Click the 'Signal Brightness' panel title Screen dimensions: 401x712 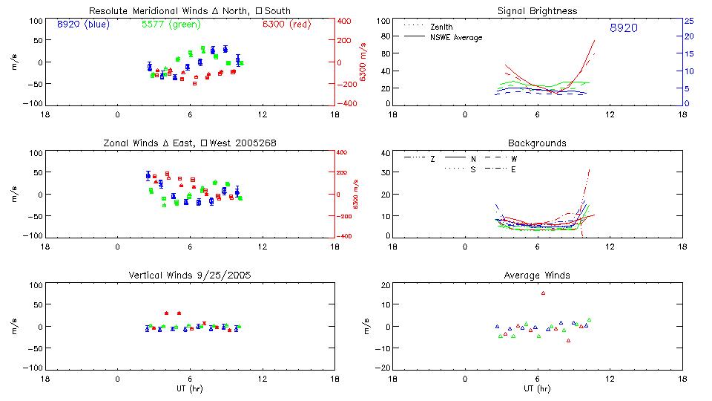point(537,11)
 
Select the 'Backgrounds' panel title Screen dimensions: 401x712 point(537,143)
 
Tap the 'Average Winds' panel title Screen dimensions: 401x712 point(537,276)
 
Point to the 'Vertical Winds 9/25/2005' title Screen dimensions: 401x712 point(190,276)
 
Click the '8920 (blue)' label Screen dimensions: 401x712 point(82,25)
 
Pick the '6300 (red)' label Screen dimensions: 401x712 point(287,25)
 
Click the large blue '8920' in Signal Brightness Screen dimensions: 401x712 point(623,28)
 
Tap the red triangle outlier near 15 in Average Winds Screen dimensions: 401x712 point(544,293)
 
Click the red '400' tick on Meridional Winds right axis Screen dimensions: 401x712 point(346,21)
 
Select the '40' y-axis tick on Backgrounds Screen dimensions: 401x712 point(385,154)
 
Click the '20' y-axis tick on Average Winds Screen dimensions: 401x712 point(385,286)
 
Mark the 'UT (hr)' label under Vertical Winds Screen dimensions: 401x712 point(190,388)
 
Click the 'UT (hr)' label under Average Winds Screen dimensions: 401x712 point(537,388)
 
